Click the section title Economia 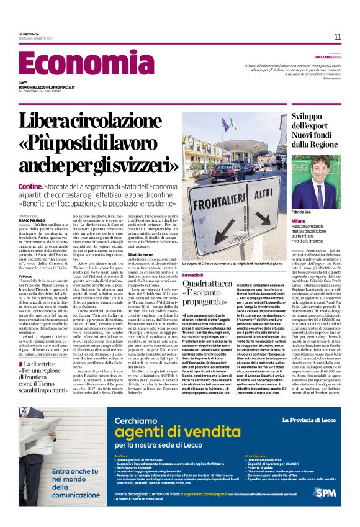(78, 64)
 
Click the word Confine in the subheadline (30, 186)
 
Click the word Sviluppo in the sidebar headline (308, 118)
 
